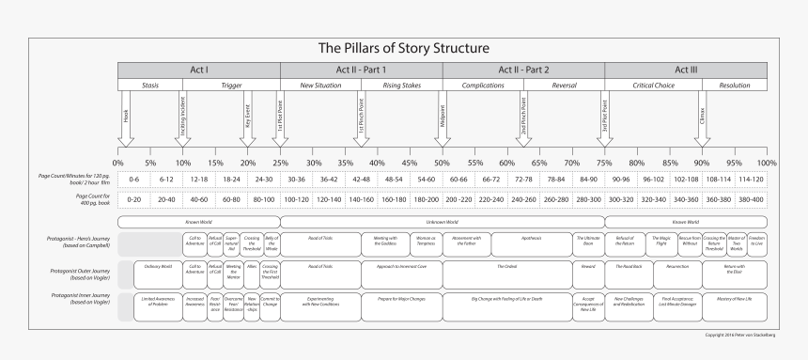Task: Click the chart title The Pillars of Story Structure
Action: (x=404, y=47)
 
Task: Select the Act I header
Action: (x=199, y=70)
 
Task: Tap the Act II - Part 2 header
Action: (x=522, y=70)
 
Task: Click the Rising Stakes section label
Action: (x=401, y=86)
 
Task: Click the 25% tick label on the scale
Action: (x=280, y=164)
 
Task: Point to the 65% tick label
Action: (x=539, y=164)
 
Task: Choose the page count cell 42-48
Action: (x=361, y=179)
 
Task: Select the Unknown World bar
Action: (x=442, y=222)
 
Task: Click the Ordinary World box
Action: (x=158, y=268)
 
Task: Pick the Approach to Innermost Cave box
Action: (x=401, y=268)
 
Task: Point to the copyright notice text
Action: (x=736, y=335)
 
